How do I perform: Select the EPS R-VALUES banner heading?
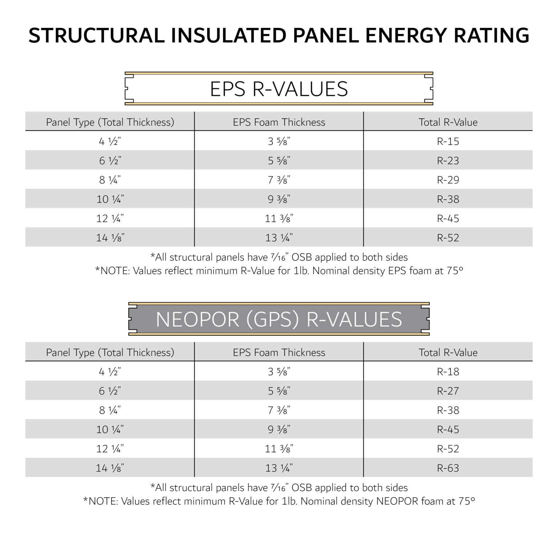pos(279,89)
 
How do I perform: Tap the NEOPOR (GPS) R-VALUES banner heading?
pos(279,319)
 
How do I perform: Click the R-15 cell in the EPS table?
pos(448,141)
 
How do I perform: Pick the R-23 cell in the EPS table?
pos(448,161)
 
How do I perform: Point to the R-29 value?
pos(448,180)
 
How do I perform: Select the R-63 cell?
pos(448,468)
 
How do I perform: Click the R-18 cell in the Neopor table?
pos(448,372)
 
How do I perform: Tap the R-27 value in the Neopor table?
pos(448,391)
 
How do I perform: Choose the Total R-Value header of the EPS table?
pos(448,122)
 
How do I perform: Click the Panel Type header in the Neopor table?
pos(110,352)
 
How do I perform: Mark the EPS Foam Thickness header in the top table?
pos(279,122)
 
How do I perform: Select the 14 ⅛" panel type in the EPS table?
pos(110,238)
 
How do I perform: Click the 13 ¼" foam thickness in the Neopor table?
pos(279,468)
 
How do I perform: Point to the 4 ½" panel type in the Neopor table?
pos(110,372)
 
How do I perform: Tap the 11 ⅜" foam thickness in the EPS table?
pos(279,218)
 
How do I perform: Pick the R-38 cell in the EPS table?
pos(448,199)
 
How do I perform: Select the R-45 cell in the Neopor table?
pos(448,429)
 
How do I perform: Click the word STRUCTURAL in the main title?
pos(96,36)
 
